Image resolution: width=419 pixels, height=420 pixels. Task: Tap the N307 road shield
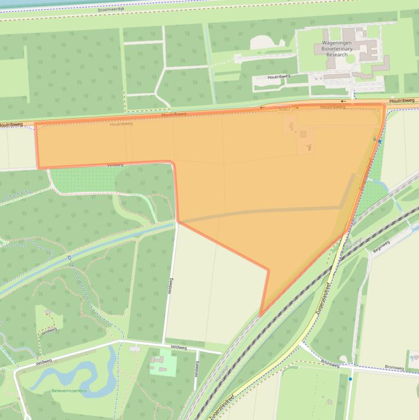(284, 109)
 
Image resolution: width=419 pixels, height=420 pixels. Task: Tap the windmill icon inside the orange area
(307, 147)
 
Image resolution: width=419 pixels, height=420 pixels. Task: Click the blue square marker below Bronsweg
(350, 379)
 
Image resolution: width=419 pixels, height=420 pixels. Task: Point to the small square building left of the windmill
(303, 134)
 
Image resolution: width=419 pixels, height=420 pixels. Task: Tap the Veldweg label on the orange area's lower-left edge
(115, 165)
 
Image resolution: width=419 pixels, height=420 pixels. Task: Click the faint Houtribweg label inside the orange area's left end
(121, 124)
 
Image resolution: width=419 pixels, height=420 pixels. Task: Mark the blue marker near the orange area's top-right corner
(380, 141)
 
